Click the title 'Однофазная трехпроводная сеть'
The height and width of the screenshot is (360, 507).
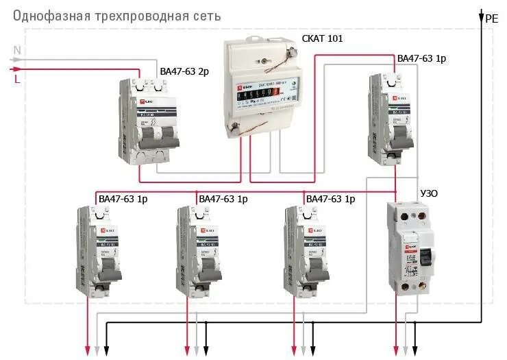117,16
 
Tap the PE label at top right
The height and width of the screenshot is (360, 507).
491,19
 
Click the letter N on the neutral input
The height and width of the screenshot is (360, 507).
18,49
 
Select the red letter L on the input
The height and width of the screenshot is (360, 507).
17,79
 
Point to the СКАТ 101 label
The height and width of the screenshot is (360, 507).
322,39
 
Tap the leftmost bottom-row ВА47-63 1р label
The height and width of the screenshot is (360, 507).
123,199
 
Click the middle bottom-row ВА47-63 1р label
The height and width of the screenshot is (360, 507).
223,199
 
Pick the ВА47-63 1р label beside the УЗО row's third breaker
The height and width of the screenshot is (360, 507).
330,199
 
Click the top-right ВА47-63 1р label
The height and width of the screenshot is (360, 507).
422,60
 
